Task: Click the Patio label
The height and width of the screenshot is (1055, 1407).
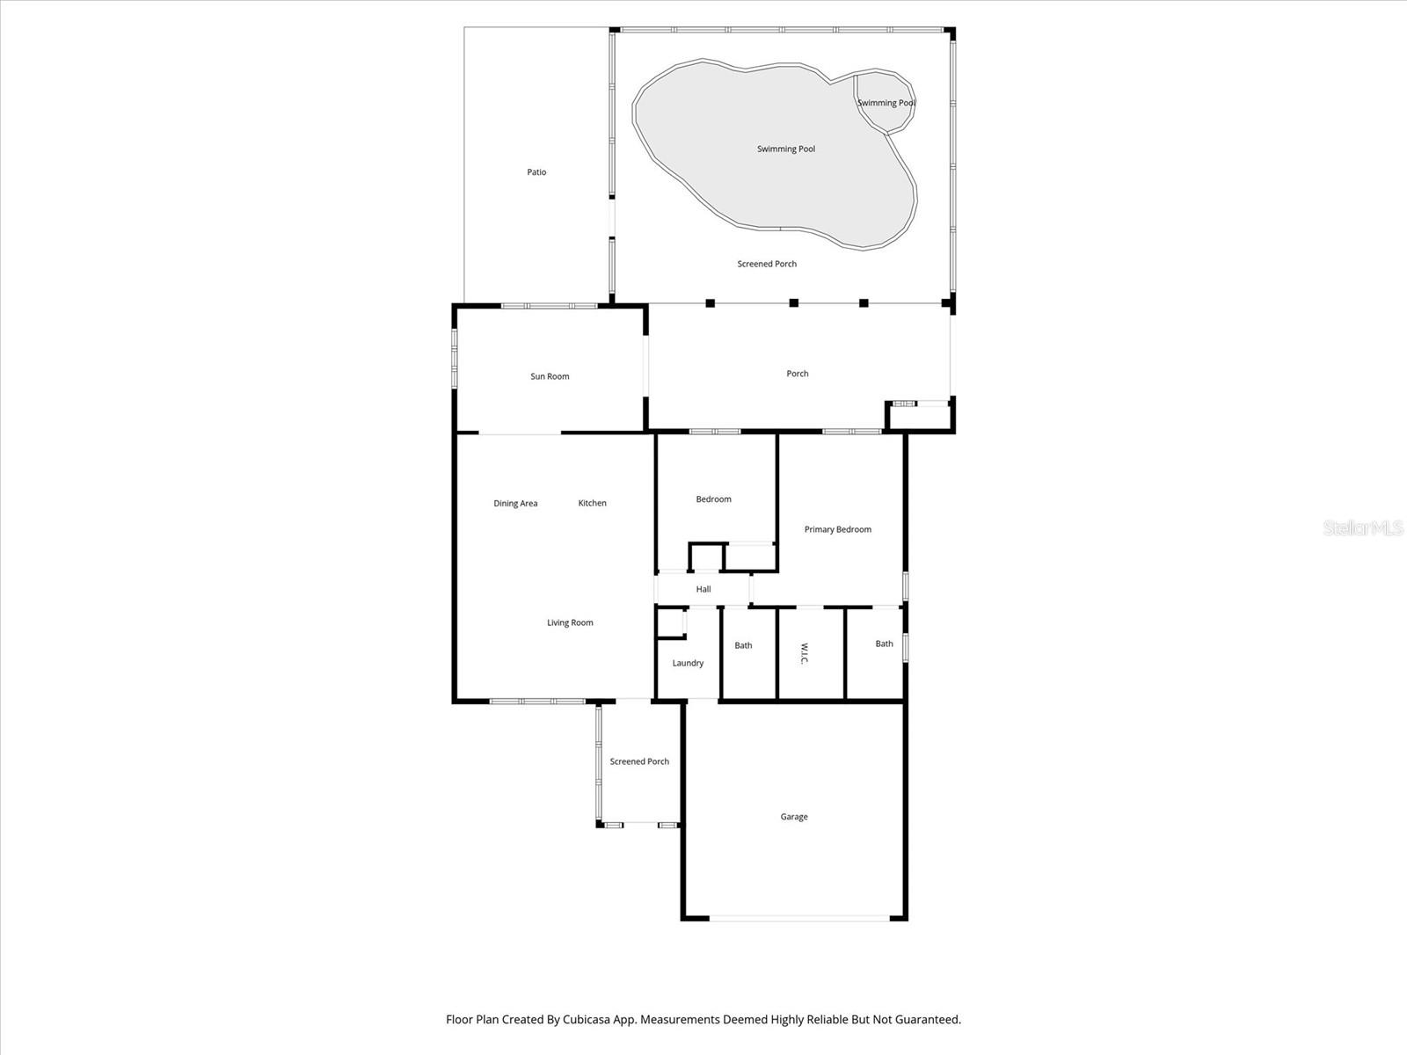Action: click(x=536, y=172)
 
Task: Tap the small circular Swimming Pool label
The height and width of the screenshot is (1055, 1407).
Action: click(x=886, y=103)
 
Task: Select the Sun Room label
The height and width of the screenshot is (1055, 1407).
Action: click(x=550, y=376)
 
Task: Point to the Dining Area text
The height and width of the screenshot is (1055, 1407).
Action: click(x=515, y=504)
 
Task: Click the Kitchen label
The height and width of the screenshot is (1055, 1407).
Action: click(x=592, y=503)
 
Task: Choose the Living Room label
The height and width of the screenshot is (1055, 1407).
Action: click(x=570, y=622)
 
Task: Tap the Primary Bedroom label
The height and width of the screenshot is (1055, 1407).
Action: click(x=837, y=529)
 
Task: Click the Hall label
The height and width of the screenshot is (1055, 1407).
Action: click(x=703, y=589)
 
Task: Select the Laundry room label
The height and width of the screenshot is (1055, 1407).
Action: click(x=688, y=663)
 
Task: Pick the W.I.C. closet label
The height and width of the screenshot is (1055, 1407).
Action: click(x=804, y=653)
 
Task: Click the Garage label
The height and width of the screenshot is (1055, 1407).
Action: click(x=794, y=817)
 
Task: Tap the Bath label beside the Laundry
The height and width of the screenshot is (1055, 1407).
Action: click(x=743, y=645)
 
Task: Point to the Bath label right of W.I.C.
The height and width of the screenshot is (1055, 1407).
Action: click(x=884, y=644)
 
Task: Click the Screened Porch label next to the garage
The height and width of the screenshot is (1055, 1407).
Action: click(x=639, y=761)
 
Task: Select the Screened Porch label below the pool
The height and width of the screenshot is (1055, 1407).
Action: click(x=767, y=264)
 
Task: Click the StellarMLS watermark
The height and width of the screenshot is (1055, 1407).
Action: click(x=1363, y=528)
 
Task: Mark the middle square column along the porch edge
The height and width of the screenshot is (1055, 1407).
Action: click(x=793, y=303)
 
